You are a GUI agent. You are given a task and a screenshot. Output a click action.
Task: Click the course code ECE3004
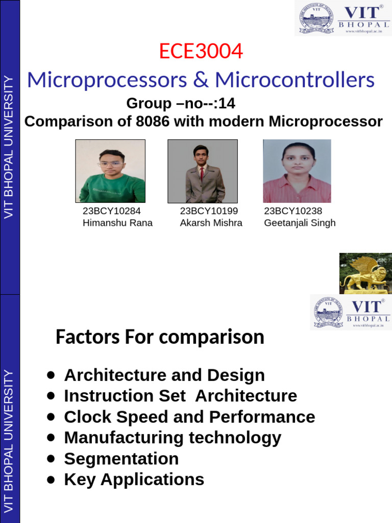click(201, 52)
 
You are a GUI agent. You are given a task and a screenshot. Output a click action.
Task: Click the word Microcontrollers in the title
click(295, 80)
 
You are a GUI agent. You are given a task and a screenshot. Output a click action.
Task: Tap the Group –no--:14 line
click(181, 104)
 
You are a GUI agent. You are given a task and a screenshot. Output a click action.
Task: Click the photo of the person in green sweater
click(110, 171)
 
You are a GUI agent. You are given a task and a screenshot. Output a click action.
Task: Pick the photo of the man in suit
click(203, 171)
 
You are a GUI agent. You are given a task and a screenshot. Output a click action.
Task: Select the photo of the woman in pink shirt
click(297, 171)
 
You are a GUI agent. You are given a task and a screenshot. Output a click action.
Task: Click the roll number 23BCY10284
click(112, 211)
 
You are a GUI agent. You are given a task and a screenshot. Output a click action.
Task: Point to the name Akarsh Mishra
click(211, 223)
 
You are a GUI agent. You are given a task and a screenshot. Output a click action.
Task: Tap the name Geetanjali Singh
click(300, 223)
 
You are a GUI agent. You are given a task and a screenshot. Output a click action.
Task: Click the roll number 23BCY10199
click(209, 211)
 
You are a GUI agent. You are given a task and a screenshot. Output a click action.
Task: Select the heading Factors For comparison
click(160, 338)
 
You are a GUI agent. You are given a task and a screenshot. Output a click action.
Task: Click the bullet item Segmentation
click(121, 459)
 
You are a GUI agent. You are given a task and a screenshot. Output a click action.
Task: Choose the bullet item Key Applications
click(134, 480)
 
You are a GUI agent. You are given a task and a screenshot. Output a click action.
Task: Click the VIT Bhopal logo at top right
click(343, 18)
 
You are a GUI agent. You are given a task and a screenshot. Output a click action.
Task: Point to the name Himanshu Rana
click(117, 223)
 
